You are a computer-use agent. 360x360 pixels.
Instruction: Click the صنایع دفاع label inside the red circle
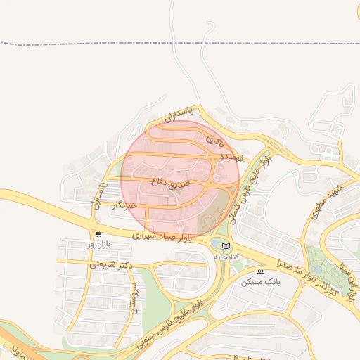(171, 181)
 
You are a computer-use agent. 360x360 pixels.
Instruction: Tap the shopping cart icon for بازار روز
(98, 234)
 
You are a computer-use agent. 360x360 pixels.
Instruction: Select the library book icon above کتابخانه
(226, 246)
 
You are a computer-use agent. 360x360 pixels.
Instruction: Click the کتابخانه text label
(226, 257)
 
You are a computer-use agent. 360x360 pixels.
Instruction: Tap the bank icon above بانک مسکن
(260, 271)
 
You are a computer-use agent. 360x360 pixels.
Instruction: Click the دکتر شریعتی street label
(111, 265)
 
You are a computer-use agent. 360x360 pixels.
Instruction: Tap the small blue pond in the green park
(214, 243)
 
